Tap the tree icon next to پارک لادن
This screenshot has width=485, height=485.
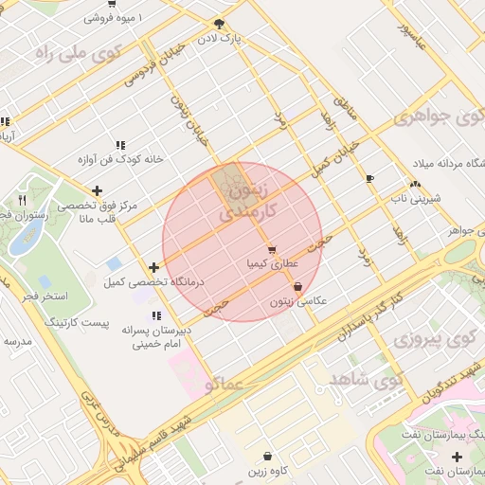pyautogui.click(x=220, y=24)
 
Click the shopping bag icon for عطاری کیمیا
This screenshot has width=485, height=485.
pyautogui.click(x=273, y=250)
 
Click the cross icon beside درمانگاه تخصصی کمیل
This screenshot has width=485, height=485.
pyautogui.click(x=153, y=267)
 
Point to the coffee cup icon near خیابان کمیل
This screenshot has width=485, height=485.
pyautogui.click(x=369, y=178)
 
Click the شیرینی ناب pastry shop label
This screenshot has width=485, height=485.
pyautogui.click(x=414, y=199)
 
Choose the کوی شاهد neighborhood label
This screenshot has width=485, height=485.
pyautogui.click(x=366, y=378)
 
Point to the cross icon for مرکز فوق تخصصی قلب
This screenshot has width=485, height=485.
pyautogui.click(x=97, y=191)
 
